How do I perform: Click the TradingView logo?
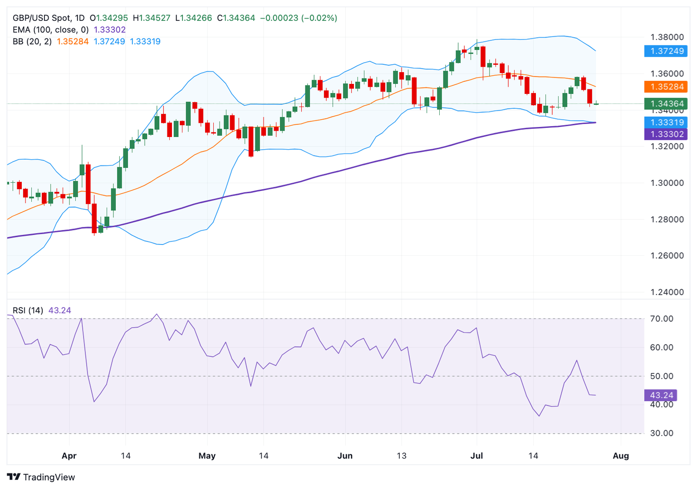click(41, 477)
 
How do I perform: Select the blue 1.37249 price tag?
click(666, 51)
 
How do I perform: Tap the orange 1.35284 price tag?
click(666, 87)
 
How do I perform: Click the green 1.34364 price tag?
click(666, 104)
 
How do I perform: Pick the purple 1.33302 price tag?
click(666, 134)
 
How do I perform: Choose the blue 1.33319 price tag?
click(666, 122)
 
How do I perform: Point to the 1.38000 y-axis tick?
click(667, 37)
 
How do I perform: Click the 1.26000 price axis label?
click(667, 255)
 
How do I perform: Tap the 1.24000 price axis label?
click(667, 292)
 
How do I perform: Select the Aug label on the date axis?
click(621, 456)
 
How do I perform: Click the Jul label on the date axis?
click(476, 456)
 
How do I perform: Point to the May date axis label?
click(207, 456)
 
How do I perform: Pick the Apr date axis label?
click(69, 456)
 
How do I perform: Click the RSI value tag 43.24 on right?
click(661, 395)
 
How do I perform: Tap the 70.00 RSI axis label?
click(662, 319)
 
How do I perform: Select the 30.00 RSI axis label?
click(662, 433)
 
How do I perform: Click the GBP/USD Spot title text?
click(42, 18)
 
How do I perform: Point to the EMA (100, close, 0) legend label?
click(50, 30)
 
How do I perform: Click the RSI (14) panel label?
click(28, 310)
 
